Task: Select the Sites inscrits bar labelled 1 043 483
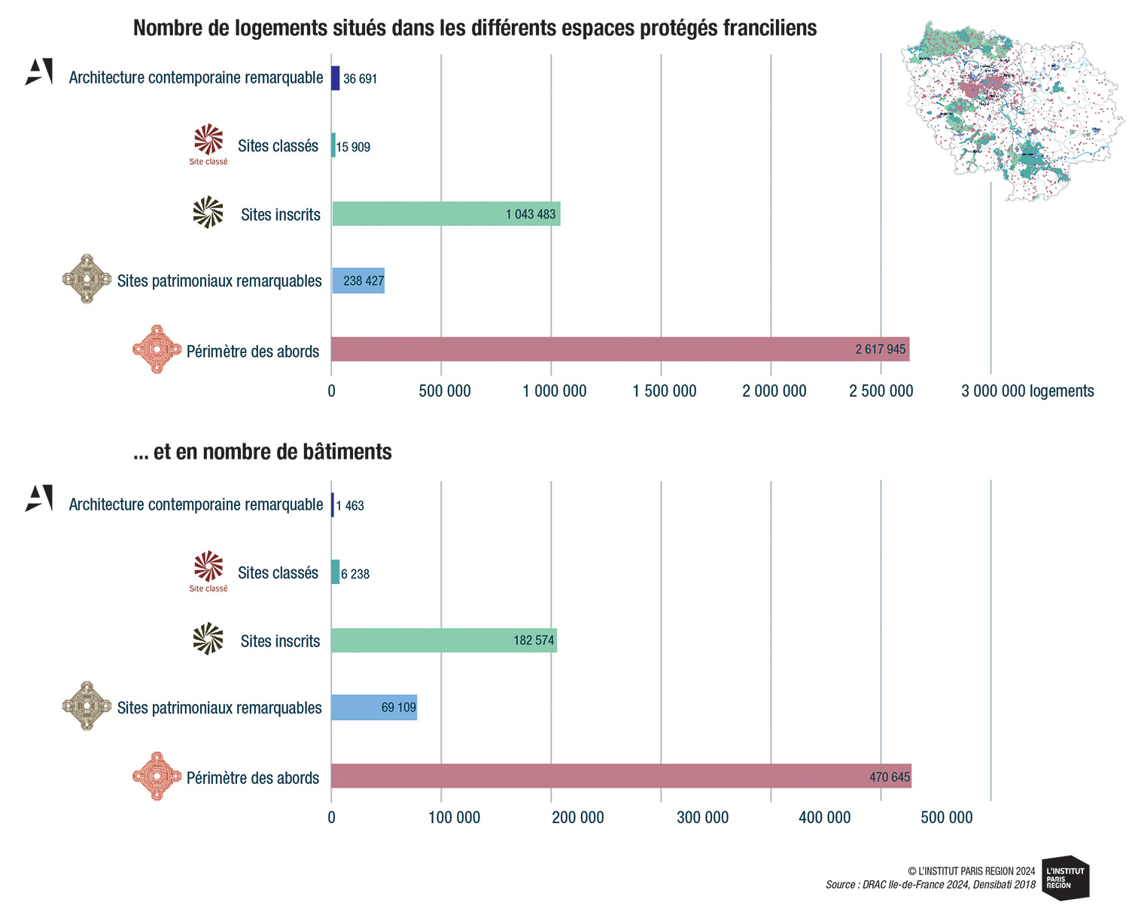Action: click(446, 214)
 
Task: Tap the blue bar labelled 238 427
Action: click(358, 281)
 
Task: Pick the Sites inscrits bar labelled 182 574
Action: click(443, 640)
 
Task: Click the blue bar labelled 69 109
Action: click(374, 708)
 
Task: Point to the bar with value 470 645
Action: click(621, 776)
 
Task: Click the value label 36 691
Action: click(360, 79)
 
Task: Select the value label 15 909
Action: click(353, 148)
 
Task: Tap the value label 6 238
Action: click(355, 575)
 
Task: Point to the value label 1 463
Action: click(350, 506)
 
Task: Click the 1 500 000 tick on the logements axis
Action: click(664, 392)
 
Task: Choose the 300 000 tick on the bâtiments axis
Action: click(702, 818)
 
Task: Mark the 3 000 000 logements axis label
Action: click(1027, 392)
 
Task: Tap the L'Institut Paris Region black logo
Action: click(1065, 878)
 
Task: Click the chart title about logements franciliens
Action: click(475, 29)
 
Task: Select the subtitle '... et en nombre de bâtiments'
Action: click(262, 452)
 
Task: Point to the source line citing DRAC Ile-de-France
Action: click(930, 885)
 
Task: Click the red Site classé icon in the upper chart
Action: click(208, 144)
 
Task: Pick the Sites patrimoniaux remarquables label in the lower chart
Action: click(219, 709)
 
